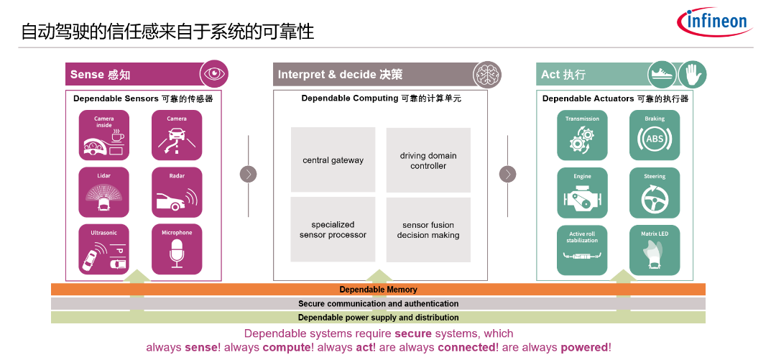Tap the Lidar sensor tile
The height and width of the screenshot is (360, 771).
pos(103,193)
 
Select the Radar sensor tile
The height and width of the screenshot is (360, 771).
pos(177,193)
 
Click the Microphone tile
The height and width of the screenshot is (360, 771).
pos(177,249)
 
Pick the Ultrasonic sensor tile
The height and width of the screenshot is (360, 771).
pos(103,249)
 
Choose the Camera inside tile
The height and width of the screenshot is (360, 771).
pos(103,135)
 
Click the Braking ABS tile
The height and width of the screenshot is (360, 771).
pos(655,135)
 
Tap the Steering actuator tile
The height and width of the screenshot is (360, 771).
pos(655,193)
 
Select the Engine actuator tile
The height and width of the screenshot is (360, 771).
pos(582,193)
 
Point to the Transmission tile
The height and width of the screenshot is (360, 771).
pos(582,135)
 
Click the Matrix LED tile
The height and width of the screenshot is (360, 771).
pos(655,250)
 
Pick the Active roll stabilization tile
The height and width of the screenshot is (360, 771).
pos(582,250)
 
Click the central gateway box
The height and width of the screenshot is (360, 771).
pos(333,160)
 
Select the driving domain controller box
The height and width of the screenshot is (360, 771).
pos(428,160)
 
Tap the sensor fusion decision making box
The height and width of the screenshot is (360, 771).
pos(428,230)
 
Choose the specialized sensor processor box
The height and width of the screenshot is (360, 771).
pos(333,229)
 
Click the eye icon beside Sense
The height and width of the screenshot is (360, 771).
pos(214,74)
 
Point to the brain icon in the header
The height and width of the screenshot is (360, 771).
pos(487,74)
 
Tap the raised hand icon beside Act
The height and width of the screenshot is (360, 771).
pos(693,74)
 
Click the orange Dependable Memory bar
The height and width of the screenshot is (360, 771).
pos(378,290)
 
